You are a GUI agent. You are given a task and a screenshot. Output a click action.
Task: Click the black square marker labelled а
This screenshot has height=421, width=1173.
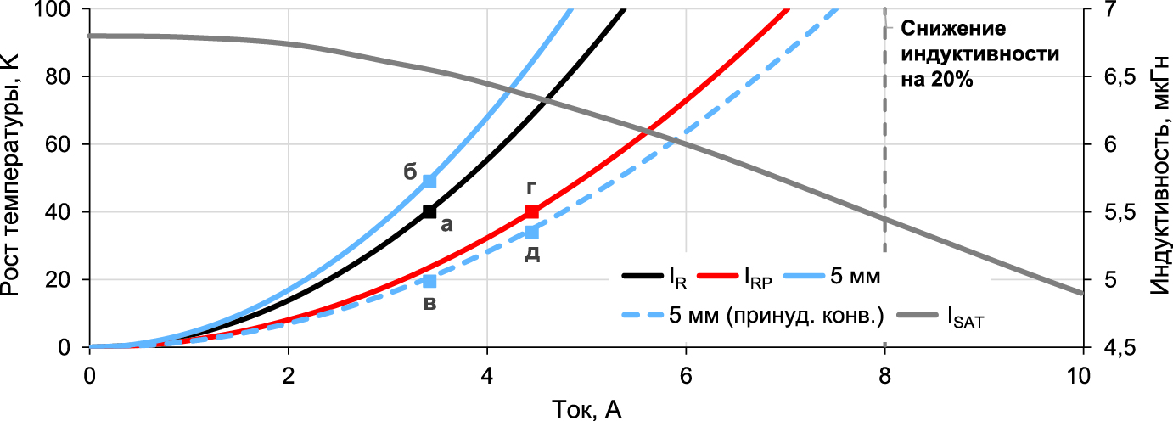tap(429, 211)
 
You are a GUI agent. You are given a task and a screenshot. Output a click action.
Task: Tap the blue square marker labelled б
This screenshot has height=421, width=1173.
tap(429, 181)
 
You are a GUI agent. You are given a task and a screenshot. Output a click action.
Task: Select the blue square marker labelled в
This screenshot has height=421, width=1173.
tap(429, 281)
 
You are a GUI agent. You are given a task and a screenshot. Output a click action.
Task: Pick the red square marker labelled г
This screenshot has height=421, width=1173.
tap(532, 211)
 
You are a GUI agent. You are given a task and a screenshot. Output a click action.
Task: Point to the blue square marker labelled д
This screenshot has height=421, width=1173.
tap(532, 232)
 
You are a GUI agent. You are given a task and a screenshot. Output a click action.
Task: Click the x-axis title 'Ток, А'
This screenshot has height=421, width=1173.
tap(586, 408)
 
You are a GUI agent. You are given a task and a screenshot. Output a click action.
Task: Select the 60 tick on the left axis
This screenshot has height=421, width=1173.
tap(66, 144)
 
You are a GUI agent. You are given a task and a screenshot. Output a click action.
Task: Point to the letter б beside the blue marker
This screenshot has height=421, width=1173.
tap(409, 171)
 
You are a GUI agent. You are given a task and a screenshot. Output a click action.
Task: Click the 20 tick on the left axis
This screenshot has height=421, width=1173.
tap(66, 280)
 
